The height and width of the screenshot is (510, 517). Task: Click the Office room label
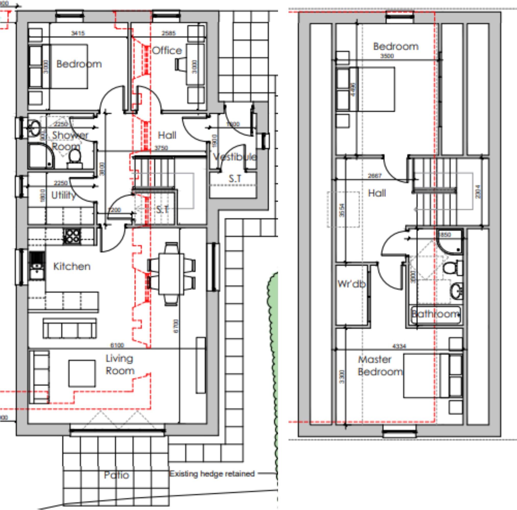[x=167, y=50]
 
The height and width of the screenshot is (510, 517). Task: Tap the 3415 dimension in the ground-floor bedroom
[x=78, y=33]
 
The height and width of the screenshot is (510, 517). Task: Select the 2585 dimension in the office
[x=169, y=33]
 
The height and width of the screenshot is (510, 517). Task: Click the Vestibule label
[x=235, y=157]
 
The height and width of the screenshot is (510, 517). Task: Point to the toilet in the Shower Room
[x=75, y=157]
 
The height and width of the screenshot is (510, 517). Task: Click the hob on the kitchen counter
[x=72, y=236]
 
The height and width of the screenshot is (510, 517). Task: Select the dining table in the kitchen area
[x=171, y=274]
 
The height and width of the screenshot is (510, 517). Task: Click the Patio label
[x=116, y=475]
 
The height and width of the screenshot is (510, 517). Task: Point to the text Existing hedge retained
[x=212, y=473]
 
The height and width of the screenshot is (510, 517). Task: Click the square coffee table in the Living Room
[x=82, y=373]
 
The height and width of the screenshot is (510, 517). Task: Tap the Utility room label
[x=63, y=195]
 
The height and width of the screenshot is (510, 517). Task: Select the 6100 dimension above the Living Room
[x=117, y=345]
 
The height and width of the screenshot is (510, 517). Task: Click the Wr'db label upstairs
[x=351, y=284]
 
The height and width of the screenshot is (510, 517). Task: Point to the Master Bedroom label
[x=380, y=365]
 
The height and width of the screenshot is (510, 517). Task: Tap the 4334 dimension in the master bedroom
[x=399, y=346]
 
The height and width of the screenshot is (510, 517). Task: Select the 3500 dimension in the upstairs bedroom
[x=387, y=56]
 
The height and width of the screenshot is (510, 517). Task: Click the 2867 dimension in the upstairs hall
[x=374, y=176]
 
